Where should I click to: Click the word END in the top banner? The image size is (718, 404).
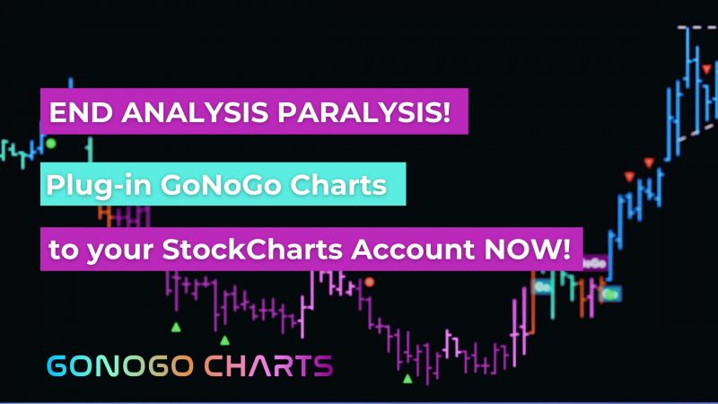(x=81, y=112)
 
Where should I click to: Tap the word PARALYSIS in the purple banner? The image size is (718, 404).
(x=360, y=112)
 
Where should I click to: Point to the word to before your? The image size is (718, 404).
(x=63, y=250)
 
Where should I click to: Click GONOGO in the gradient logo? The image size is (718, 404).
(x=120, y=366)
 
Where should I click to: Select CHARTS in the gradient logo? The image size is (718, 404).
(x=268, y=366)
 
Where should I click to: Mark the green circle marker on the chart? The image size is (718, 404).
(x=51, y=144)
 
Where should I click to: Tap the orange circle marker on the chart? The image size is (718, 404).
(x=370, y=282)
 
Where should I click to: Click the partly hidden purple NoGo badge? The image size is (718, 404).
(x=595, y=263)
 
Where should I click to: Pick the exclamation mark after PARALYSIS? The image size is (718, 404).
(x=446, y=112)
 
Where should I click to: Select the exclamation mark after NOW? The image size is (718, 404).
(x=566, y=250)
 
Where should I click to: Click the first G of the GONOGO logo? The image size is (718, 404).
(x=57, y=366)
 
